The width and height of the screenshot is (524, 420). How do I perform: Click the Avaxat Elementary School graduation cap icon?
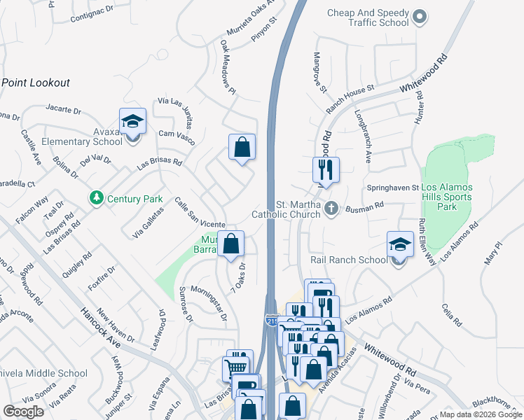click(132, 122)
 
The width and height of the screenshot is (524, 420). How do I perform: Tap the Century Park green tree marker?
click(97, 199)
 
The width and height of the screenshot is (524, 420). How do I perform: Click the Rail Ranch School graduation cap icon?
click(399, 245)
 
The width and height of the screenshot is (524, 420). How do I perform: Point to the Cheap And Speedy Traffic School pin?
click(420, 15)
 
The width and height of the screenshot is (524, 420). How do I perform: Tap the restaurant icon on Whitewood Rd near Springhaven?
click(326, 169)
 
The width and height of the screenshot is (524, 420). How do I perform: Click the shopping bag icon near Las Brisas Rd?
click(242, 147)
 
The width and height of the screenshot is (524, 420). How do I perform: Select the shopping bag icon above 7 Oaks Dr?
click(230, 244)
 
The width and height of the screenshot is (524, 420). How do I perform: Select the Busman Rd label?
click(365, 206)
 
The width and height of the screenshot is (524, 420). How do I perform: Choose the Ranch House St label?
click(350, 100)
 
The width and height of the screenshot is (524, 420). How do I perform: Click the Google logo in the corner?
click(23, 412)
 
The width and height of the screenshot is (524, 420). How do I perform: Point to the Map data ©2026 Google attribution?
click(479, 414)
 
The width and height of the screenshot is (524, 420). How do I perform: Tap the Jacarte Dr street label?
click(63, 110)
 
